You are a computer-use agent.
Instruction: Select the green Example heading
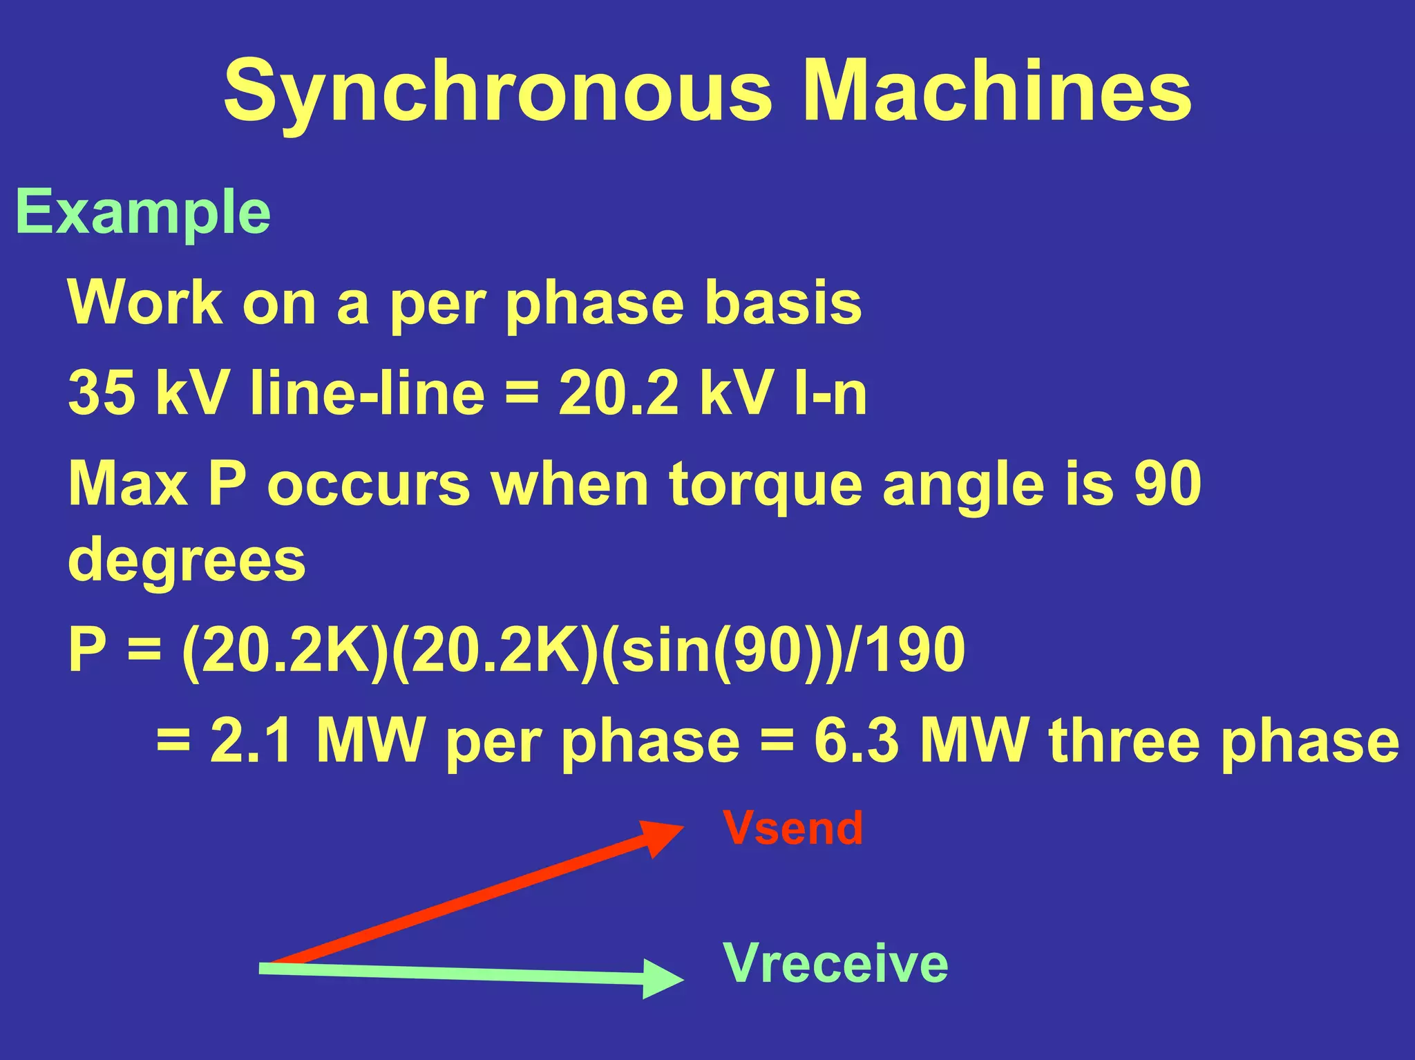[143, 213]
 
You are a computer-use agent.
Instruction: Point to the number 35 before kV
[102, 392]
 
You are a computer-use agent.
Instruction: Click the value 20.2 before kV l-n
[618, 392]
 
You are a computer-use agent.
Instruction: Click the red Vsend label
[793, 828]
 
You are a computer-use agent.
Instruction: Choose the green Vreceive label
[836, 963]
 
